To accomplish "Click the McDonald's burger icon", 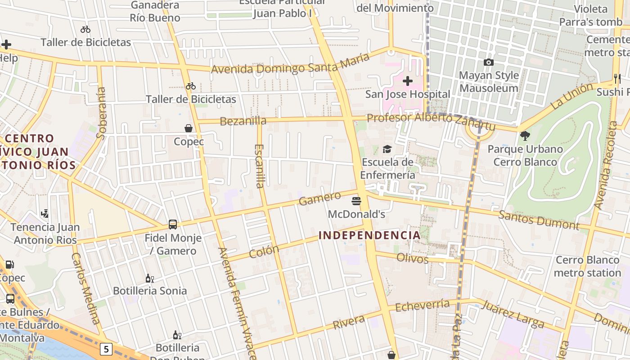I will click(x=357, y=201).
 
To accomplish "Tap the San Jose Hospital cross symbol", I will click(x=408, y=81).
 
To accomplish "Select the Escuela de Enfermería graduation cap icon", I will click(x=387, y=149).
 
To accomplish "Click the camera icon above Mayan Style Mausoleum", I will click(x=489, y=62).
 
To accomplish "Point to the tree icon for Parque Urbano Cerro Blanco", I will click(x=525, y=135).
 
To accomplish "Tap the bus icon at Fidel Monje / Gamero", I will click(x=173, y=224).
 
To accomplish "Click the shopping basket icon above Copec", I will click(x=189, y=128).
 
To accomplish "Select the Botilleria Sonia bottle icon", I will click(x=150, y=278).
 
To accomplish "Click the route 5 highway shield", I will click(x=106, y=349).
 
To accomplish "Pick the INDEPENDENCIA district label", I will click(x=369, y=235).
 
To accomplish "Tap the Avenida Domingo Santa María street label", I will click(x=290, y=63).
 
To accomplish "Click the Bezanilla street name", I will click(x=243, y=121).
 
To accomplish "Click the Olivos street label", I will click(x=412, y=259).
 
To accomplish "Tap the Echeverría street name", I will click(x=422, y=306).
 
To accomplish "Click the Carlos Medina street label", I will click(x=85, y=288).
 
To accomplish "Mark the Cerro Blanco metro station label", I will click(x=587, y=266).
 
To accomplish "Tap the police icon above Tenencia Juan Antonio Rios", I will click(x=45, y=213).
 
